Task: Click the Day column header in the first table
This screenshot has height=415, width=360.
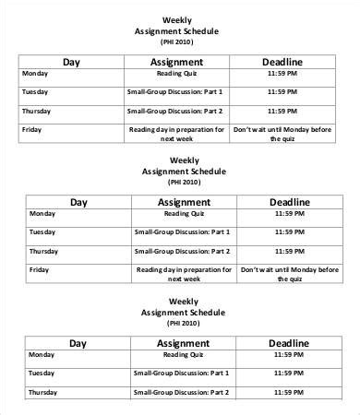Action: click(72, 62)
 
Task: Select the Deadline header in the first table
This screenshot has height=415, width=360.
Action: click(284, 62)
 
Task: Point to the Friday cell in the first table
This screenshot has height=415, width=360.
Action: click(31, 129)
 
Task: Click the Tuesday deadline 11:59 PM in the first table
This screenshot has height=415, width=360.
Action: click(284, 92)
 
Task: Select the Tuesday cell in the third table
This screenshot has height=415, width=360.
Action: click(43, 372)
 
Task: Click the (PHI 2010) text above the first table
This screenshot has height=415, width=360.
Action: click(176, 42)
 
